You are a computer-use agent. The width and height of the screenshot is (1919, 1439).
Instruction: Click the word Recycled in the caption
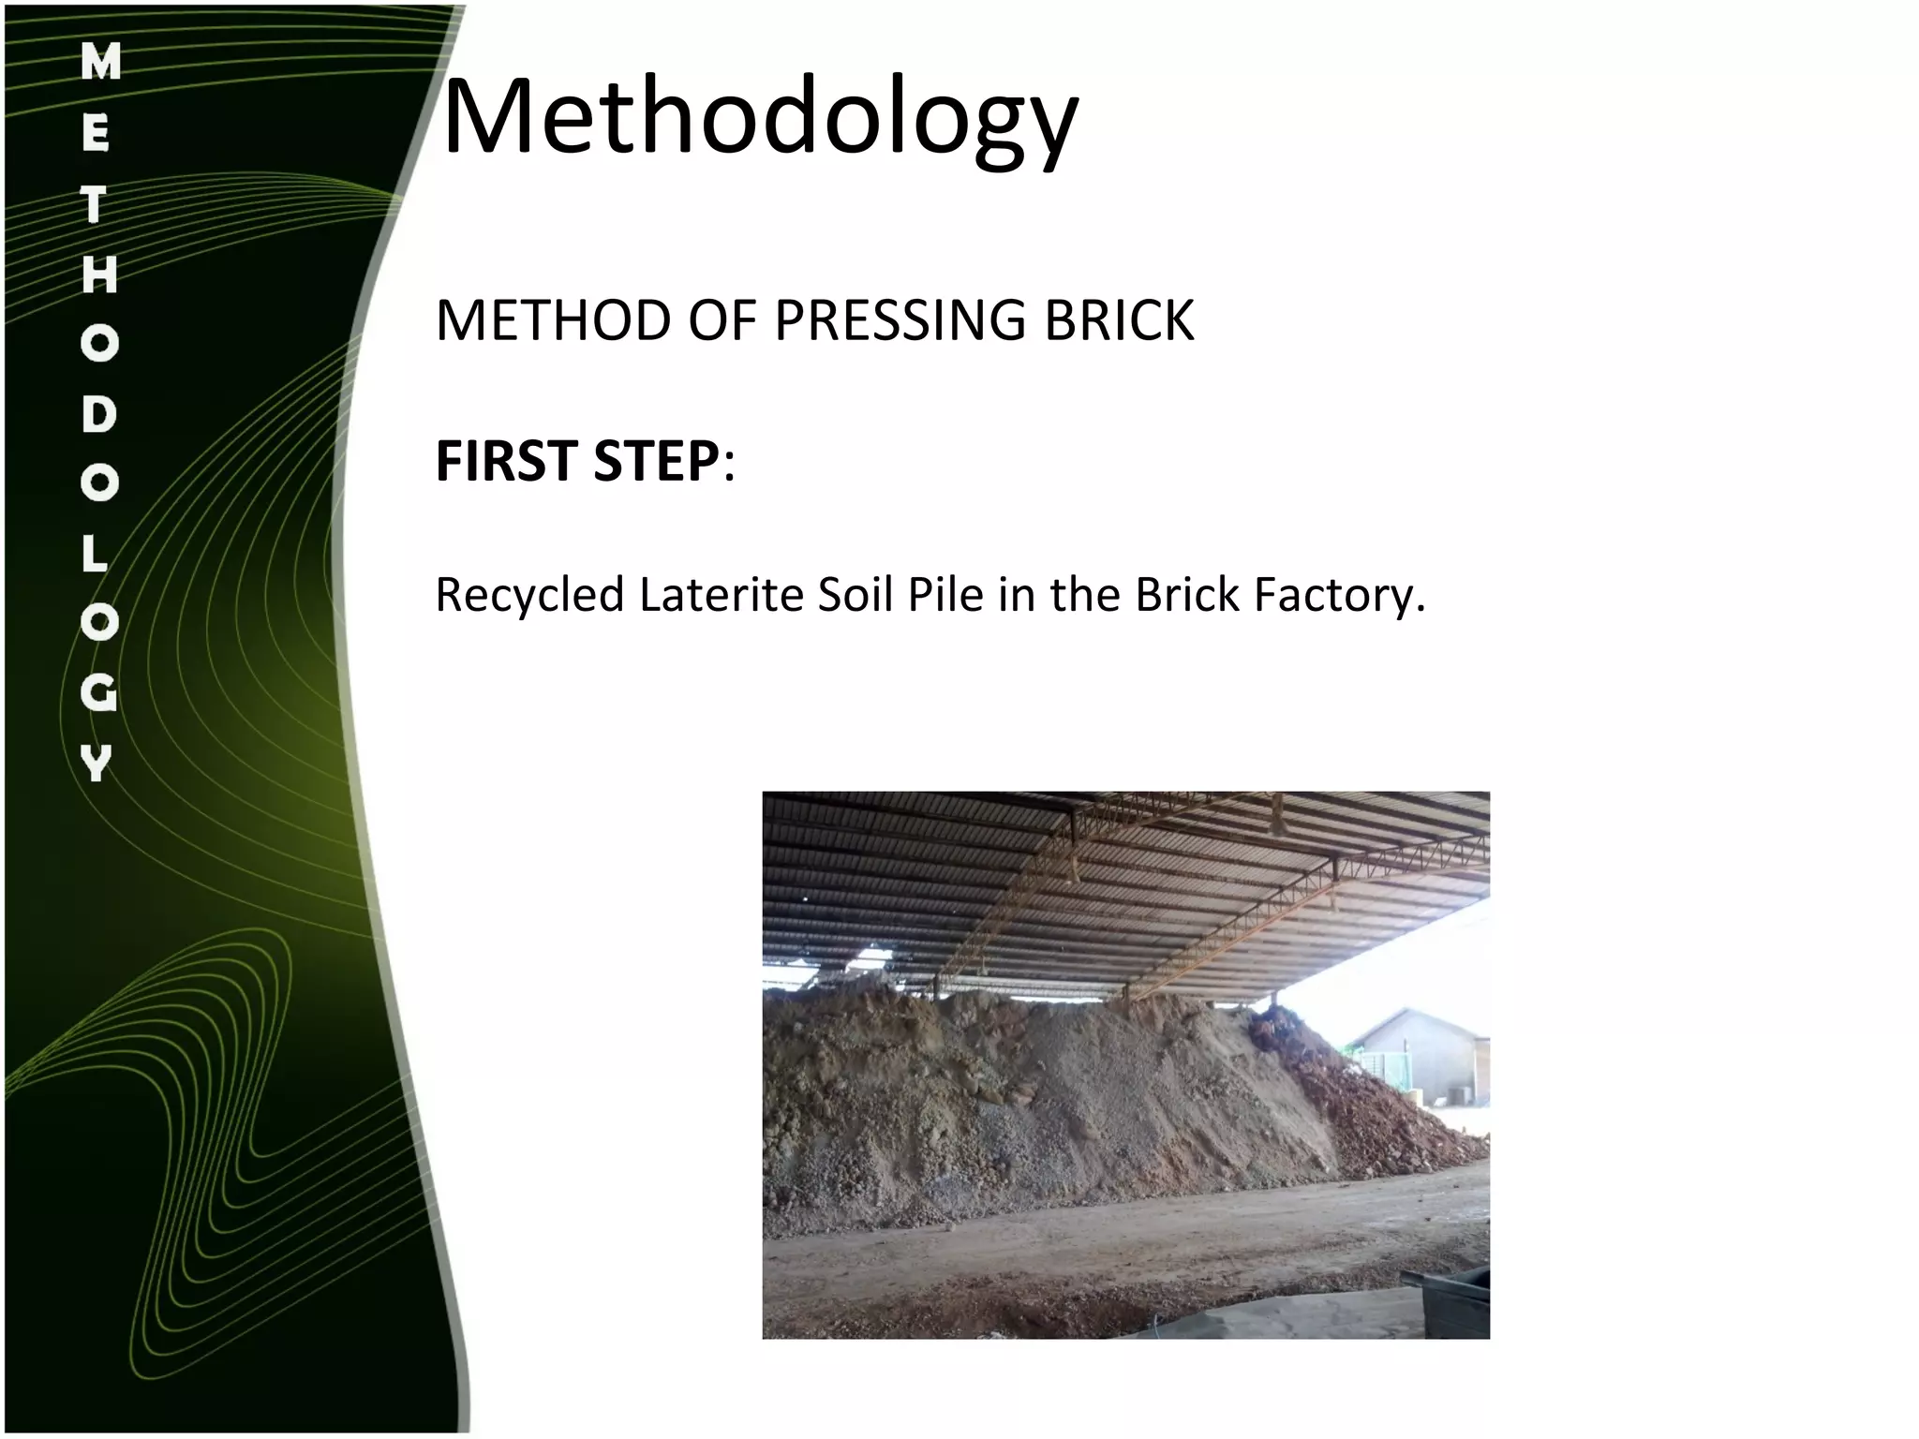[529, 596]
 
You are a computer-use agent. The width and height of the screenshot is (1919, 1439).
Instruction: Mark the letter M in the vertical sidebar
[100, 64]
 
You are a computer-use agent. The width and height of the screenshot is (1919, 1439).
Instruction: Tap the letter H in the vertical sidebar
[99, 274]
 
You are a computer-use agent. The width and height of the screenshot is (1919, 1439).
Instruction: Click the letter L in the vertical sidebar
[96, 555]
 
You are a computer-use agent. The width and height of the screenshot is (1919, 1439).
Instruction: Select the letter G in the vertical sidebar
[98, 694]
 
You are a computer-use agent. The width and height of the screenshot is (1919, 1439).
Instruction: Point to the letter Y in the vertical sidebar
[97, 764]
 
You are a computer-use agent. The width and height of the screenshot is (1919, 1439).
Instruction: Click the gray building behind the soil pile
[1415, 1054]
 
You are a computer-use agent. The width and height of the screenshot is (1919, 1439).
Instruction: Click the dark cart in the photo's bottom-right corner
[1457, 1298]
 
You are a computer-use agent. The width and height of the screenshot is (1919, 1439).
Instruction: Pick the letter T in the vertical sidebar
[94, 205]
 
